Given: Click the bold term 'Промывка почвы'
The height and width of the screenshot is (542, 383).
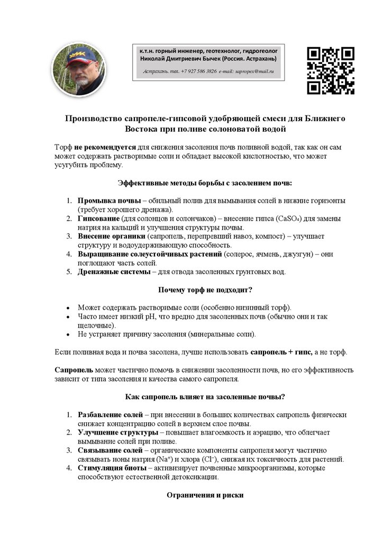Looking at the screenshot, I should pos(109,201).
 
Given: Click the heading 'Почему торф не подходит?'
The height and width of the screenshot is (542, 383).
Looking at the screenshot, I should pos(205,290).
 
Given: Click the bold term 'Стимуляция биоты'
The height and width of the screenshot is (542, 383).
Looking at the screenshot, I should pos(111,468).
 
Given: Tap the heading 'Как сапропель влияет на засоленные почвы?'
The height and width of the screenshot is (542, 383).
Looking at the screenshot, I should pos(205,396).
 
